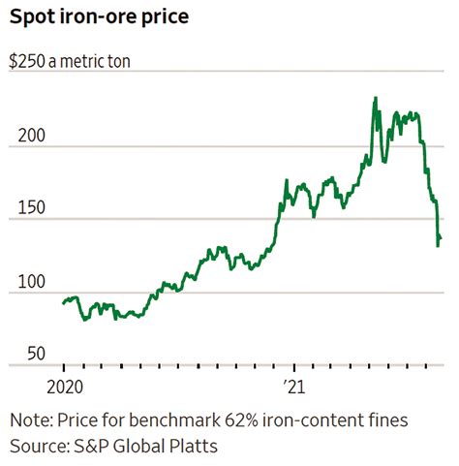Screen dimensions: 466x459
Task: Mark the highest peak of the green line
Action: click(x=375, y=98)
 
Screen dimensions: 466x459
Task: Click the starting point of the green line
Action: click(x=63, y=303)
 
